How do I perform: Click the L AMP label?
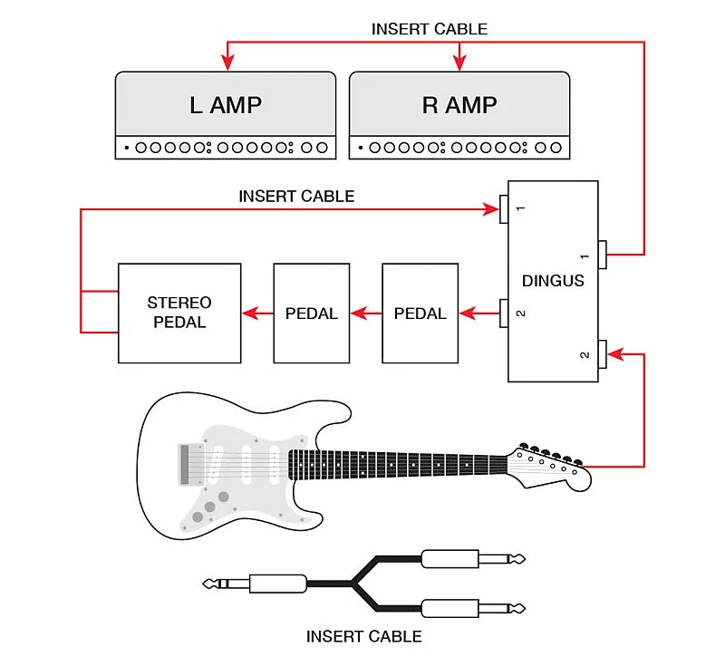click(225, 104)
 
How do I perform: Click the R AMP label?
click(459, 104)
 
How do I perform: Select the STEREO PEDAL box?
click(179, 313)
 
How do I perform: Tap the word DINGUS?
click(553, 281)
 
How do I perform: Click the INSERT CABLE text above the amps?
click(429, 29)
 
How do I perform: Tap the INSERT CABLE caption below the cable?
click(363, 636)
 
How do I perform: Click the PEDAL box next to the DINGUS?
click(420, 314)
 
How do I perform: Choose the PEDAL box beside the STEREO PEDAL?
click(311, 314)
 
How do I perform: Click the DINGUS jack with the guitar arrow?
click(602, 354)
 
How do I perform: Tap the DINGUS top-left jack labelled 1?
click(504, 209)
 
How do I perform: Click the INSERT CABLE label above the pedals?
click(296, 196)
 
